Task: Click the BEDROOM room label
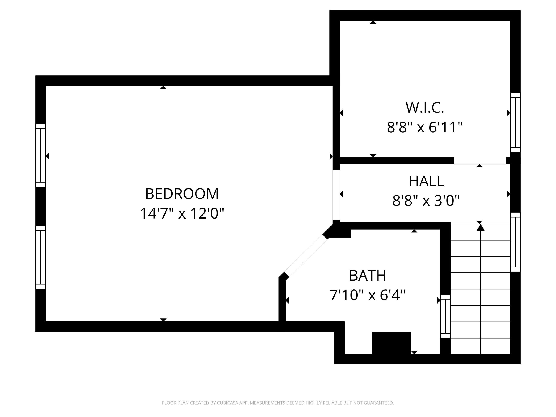(182, 194)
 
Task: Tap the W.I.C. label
(425, 107)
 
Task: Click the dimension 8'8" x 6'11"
(425, 127)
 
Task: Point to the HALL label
(426, 181)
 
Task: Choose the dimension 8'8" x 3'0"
(426, 201)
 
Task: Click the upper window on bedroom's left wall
(40, 155)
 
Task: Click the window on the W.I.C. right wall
(515, 122)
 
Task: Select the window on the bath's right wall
(445, 316)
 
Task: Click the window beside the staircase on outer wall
(515, 242)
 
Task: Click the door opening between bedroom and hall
(336, 195)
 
